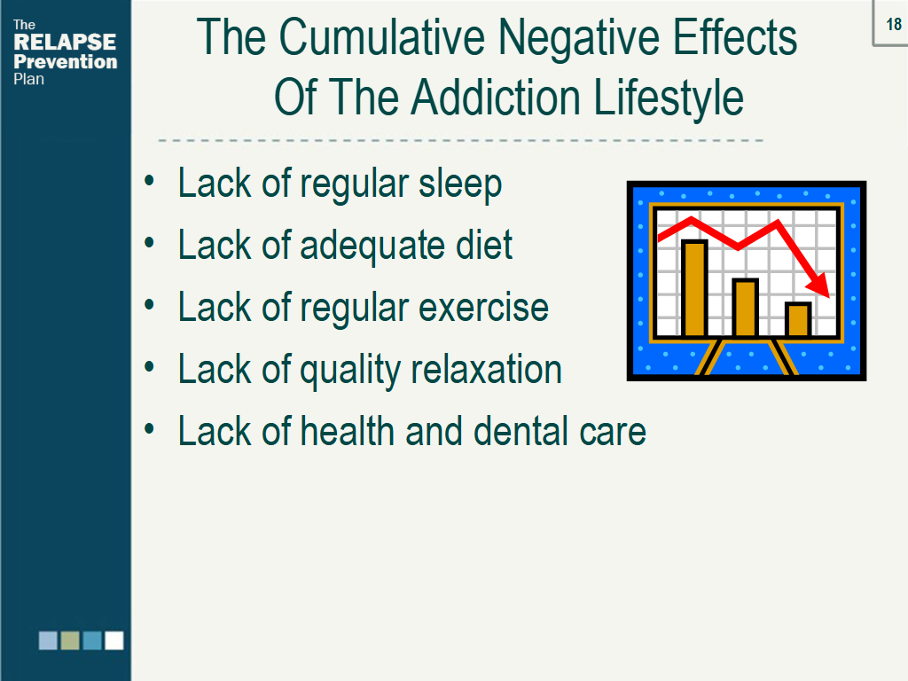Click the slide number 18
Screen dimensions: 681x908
point(893,25)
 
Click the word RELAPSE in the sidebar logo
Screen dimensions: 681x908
point(65,43)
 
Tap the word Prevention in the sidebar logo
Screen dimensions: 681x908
point(66,61)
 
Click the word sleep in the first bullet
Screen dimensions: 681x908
point(460,184)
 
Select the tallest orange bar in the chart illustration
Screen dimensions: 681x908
point(694,288)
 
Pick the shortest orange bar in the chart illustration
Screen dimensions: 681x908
point(798,319)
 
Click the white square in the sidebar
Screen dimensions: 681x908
point(114,640)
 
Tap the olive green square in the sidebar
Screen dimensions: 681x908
point(70,640)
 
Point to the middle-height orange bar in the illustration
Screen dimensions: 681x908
point(746,308)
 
